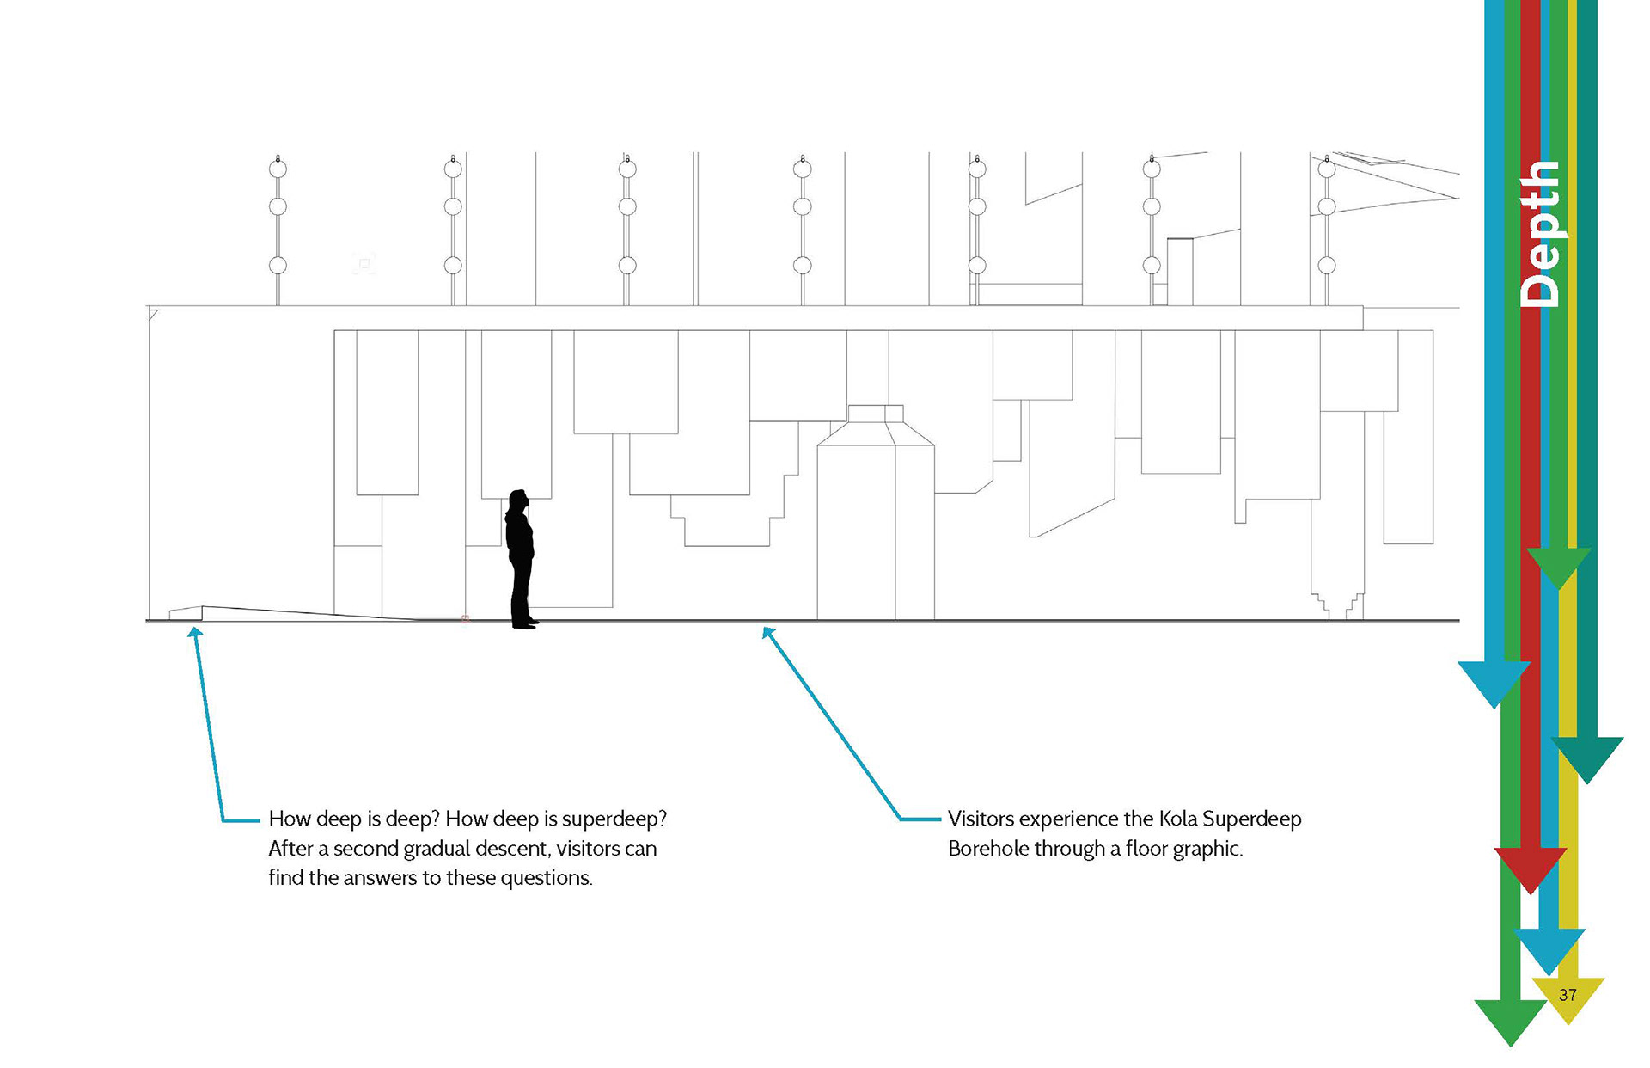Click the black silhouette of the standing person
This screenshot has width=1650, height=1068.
tap(520, 559)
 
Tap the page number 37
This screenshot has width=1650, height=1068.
tap(1567, 995)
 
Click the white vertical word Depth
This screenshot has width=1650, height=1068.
tap(1541, 234)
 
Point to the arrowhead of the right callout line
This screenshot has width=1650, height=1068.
tap(764, 629)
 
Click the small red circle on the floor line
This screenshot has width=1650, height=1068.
tap(465, 618)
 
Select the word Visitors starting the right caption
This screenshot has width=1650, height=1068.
tap(981, 819)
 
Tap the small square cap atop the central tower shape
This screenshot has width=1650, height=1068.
tap(876, 414)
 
